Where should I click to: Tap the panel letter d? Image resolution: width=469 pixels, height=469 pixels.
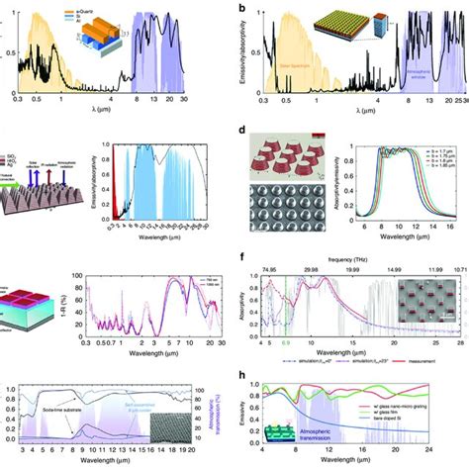pos(242,130)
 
